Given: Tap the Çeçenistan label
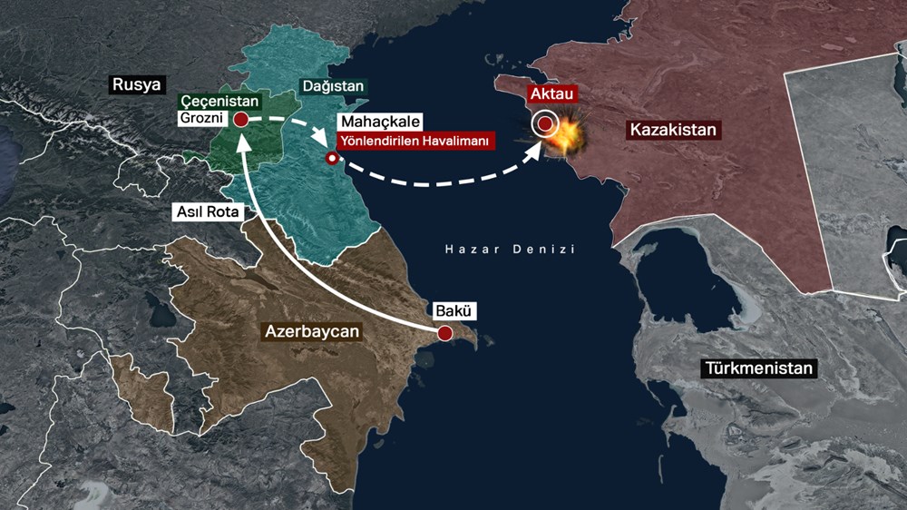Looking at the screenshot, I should [x=220, y=102].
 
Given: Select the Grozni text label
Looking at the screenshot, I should [x=203, y=119].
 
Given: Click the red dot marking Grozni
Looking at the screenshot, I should [x=241, y=119].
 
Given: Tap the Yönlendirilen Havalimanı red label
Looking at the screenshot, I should [x=414, y=141].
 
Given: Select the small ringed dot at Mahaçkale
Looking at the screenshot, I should [x=332, y=159].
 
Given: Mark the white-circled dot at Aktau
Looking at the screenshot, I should [x=545, y=123].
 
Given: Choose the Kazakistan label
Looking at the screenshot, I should [x=672, y=130].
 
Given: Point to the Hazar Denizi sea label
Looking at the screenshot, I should [x=510, y=249].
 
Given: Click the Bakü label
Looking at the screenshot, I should [x=454, y=310].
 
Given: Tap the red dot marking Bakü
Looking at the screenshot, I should [x=444, y=333].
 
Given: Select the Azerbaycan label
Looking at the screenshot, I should [x=311, y=331].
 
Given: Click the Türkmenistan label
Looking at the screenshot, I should [x=757, y=368].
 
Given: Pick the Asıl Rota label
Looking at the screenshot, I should [x=209, y=211].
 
